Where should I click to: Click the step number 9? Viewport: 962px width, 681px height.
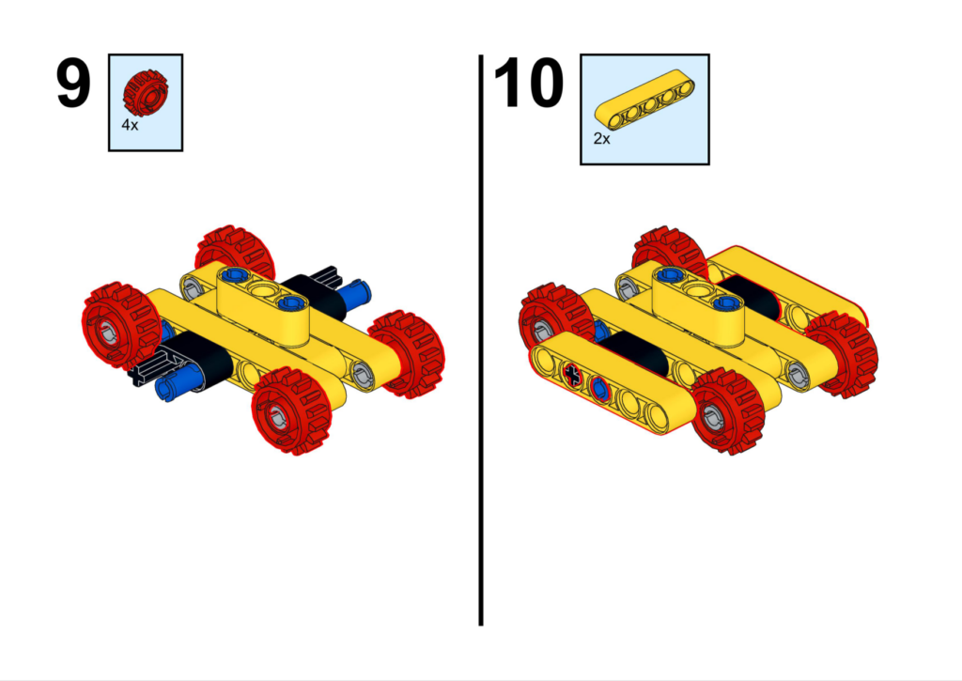click(x=73, y=84)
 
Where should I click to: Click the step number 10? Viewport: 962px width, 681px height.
click(x=528, y=84)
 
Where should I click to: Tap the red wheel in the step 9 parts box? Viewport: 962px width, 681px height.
click(x=146, y=93)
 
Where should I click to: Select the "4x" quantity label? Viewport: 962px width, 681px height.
click(x=130, y=125)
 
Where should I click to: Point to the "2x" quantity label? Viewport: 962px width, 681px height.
click(x=602, y=139)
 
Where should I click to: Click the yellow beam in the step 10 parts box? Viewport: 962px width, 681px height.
click(x=644, y=100)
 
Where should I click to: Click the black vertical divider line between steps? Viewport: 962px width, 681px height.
click(x=481, y=340)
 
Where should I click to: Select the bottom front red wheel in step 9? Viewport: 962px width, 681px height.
click(x=291, y=410)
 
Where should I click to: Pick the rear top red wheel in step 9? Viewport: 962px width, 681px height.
click(x=236, y=252)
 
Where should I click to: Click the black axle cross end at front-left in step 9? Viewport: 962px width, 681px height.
click(x=143, y=371)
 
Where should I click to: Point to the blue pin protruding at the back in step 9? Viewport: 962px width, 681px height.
click(x=356, y=292)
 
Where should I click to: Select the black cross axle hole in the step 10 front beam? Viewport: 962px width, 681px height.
click(x=572, y=374)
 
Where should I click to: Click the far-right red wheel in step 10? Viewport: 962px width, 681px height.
click(x=842, y=354)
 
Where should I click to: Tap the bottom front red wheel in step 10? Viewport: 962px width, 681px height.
click(x=728, y=410)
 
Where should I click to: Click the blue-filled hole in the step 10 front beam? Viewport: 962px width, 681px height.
click(x=598, y=388)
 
